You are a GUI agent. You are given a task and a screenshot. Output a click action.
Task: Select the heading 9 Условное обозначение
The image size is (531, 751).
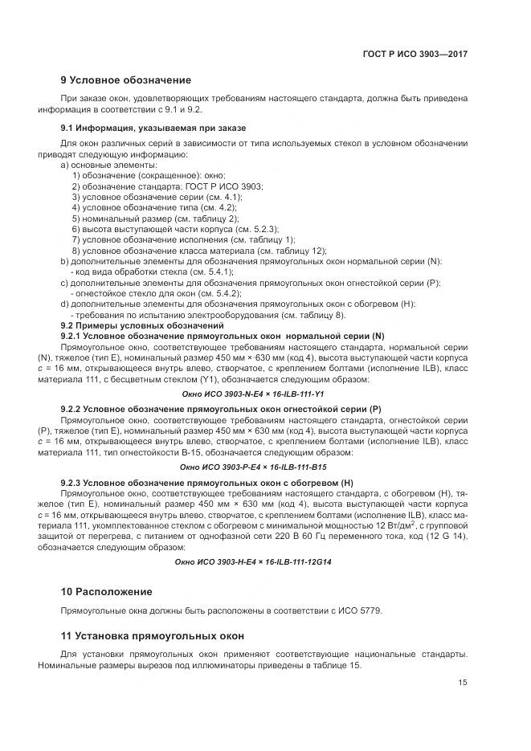coord(126,80)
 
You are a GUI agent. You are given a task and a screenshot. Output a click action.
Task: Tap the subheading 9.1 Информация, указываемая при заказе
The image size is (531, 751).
coord(153,128)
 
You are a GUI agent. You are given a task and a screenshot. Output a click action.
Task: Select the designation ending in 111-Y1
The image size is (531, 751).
coord(253,394)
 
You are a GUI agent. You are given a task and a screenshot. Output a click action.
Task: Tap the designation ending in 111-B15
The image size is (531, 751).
coord(253,467)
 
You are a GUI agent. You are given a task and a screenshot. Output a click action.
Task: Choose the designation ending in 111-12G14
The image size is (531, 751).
coord(253,561)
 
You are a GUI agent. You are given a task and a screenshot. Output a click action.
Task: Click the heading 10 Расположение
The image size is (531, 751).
coord(106,592)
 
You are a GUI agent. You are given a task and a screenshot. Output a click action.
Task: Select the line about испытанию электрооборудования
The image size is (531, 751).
coord(197,315)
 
